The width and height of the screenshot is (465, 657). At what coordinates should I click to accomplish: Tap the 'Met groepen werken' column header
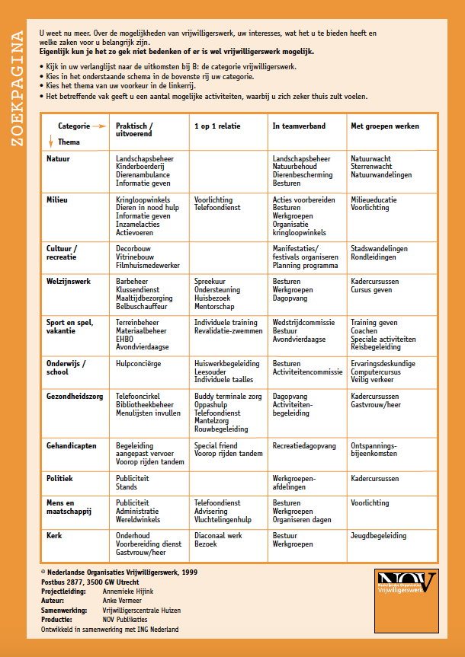pyautogui.click(x=384, y=126)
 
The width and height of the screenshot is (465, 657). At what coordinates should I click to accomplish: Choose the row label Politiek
pyautogui.click(x=59, y=478)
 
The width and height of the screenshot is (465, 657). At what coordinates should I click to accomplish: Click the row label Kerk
pyautogui.click(x=54, y=535)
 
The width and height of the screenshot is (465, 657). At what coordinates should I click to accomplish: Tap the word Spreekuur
pyautogui.click(x=210, y=282)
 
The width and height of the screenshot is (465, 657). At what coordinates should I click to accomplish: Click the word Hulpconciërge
pyautogui.click(x=138, y=364)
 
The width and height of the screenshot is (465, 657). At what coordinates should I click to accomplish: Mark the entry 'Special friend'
pyautogui.click(x=216, y=446)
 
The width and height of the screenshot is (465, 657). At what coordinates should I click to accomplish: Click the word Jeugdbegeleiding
pyautogui.click(x=378, y=536)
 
